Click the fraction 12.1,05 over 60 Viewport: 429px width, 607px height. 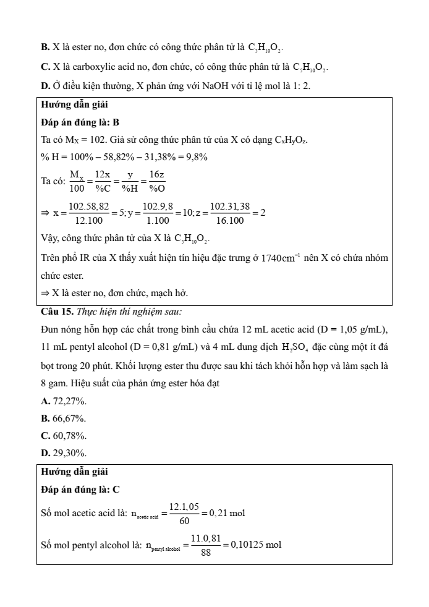[184, 513]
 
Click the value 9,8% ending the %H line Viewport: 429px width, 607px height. [197, 157]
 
